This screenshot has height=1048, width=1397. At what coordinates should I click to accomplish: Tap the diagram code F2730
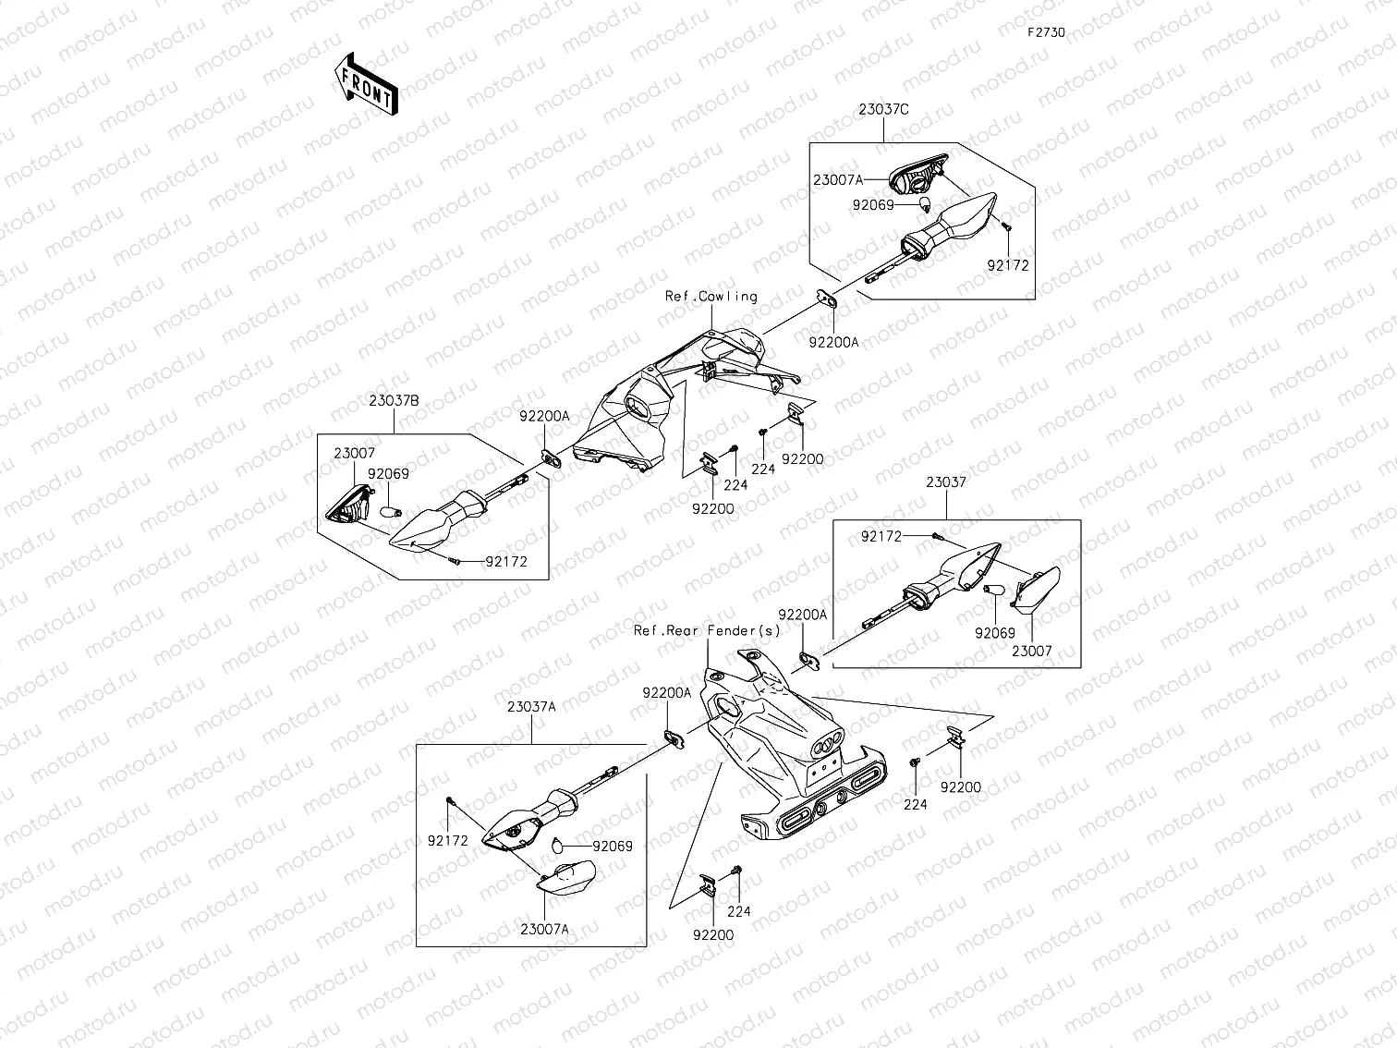[x=1047, y=32]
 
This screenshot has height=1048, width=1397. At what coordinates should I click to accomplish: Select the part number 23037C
[x=883, y=109]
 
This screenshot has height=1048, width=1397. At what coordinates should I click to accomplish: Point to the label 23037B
[x=395, y=401]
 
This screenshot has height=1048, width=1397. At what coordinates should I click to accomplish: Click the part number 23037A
[x=530, y=707]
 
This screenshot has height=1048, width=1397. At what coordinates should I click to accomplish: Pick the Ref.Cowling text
[x=711, y=297]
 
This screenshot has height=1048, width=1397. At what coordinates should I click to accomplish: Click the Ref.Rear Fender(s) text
[x=706, y=630]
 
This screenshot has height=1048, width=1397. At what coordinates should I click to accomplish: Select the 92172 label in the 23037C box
[x=1007, y=265]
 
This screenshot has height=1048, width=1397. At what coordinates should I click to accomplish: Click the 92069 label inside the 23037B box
[x=388, y=474]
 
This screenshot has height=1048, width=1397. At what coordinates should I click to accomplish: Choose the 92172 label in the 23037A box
[x=447, y=841]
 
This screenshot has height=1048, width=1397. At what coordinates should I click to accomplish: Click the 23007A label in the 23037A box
[x=544, y=930]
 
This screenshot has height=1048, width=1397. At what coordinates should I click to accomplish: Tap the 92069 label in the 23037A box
[x=613, y=846]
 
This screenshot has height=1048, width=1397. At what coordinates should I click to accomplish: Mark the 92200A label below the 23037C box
[x=833, y=341]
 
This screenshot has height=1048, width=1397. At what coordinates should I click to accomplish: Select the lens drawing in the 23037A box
[x=566, y=876]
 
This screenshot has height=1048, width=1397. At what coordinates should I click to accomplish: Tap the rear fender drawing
[x=785, y=758]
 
